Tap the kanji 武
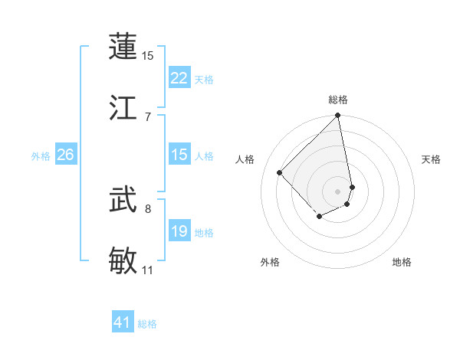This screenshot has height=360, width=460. pos(123,201)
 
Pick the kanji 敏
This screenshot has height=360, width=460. pos(123,261)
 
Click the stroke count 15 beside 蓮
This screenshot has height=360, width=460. pos(148,56)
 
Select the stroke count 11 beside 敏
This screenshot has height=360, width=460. pos(148,270)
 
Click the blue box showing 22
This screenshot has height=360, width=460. pos(179,78)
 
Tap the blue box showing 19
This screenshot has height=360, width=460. pos(179,231)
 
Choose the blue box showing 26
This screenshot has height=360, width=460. pos(65,155)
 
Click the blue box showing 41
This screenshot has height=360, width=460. pos(123,322)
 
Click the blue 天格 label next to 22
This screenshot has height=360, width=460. pos(204,80)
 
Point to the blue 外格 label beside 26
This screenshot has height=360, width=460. pos(41,156)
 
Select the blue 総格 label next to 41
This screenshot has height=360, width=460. pos(147,324)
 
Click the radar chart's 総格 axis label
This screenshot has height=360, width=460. pos(338,100)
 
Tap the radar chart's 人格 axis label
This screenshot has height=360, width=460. pos(246,159)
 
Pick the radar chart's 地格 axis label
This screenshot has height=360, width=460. pos(402,262)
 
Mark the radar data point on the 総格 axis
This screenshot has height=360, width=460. pos(338,116)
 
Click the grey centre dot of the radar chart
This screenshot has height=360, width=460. pos(338,191)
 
